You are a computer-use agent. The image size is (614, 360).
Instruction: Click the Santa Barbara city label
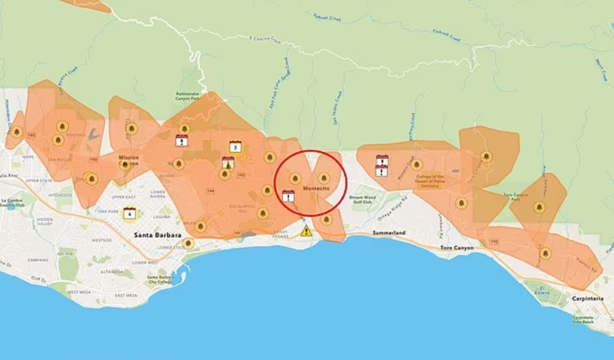(x=157, y=235)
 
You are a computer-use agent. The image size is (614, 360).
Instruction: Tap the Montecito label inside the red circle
(x=316, y=188)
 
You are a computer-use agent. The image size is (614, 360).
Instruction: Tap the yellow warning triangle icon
(x=306, y=230)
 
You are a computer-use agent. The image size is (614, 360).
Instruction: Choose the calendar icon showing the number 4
(x=130, y=213)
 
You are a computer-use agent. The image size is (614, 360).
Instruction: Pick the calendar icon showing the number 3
(x=235, y=147)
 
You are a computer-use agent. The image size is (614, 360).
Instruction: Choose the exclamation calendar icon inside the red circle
(x=288, y=197)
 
